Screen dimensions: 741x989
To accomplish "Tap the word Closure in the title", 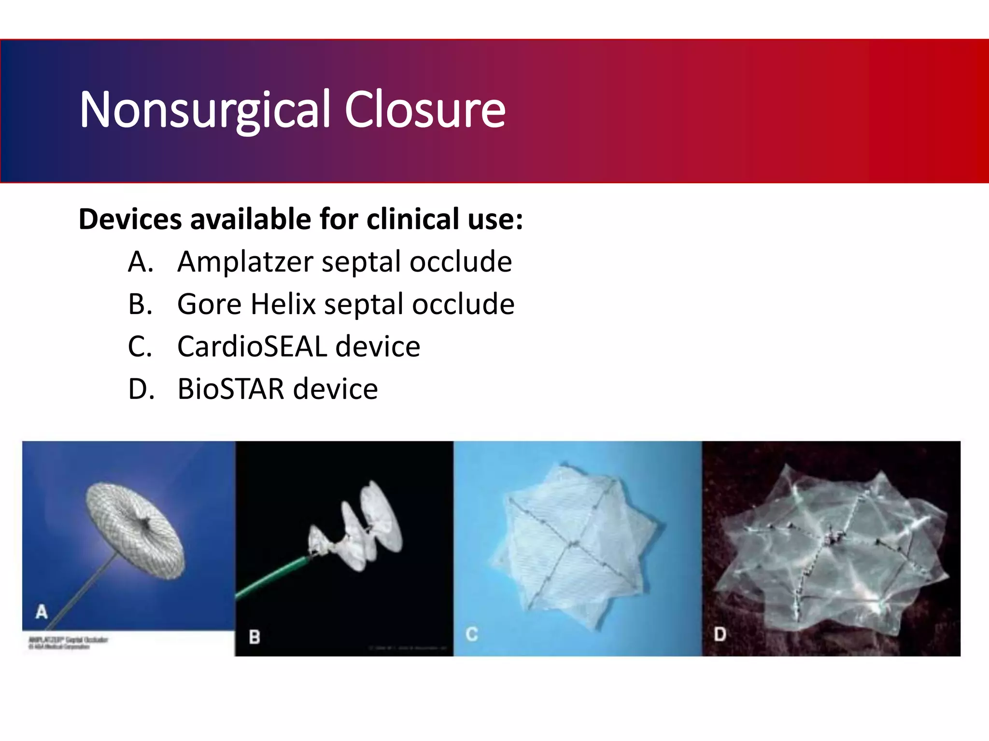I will tap(424, 110).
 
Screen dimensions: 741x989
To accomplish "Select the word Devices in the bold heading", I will tap(131, 220).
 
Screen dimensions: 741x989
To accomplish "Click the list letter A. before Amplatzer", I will tap(141, 262).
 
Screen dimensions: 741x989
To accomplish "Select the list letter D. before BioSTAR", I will tap(141, 389).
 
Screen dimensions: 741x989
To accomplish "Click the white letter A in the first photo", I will tap(42, 612).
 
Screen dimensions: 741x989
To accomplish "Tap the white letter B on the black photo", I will tap(254, 637).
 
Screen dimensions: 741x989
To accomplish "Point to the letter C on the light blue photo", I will tap(472, 634).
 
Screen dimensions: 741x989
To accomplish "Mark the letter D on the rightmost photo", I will tap(720, 634).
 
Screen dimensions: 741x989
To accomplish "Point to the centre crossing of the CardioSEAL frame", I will tap(574, 544).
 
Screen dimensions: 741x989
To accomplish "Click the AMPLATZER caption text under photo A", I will tap(68, 640).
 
